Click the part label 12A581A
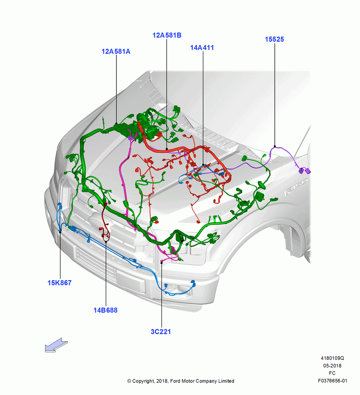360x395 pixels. point(116,51)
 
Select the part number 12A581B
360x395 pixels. point(167,35)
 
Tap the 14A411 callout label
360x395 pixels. point(202,48)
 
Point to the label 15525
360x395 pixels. point(274,39)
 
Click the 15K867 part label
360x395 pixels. point(60,283)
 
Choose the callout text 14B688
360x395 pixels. point(105,310)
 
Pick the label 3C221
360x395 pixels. point(161,332)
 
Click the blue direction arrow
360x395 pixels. point(56,345)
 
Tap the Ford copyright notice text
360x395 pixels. point(181,381)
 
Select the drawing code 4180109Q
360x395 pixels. point(332,358)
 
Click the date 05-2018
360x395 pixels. point(332,366)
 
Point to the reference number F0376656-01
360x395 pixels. point(332,381)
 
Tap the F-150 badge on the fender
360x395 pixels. point(296,187)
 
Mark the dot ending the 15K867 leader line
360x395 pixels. point(60,232)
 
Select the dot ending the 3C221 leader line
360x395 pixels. point(161,263)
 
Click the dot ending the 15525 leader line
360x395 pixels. point(275,146)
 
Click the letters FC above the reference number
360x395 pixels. point(332,373)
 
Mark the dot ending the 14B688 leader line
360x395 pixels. point(106,242)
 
